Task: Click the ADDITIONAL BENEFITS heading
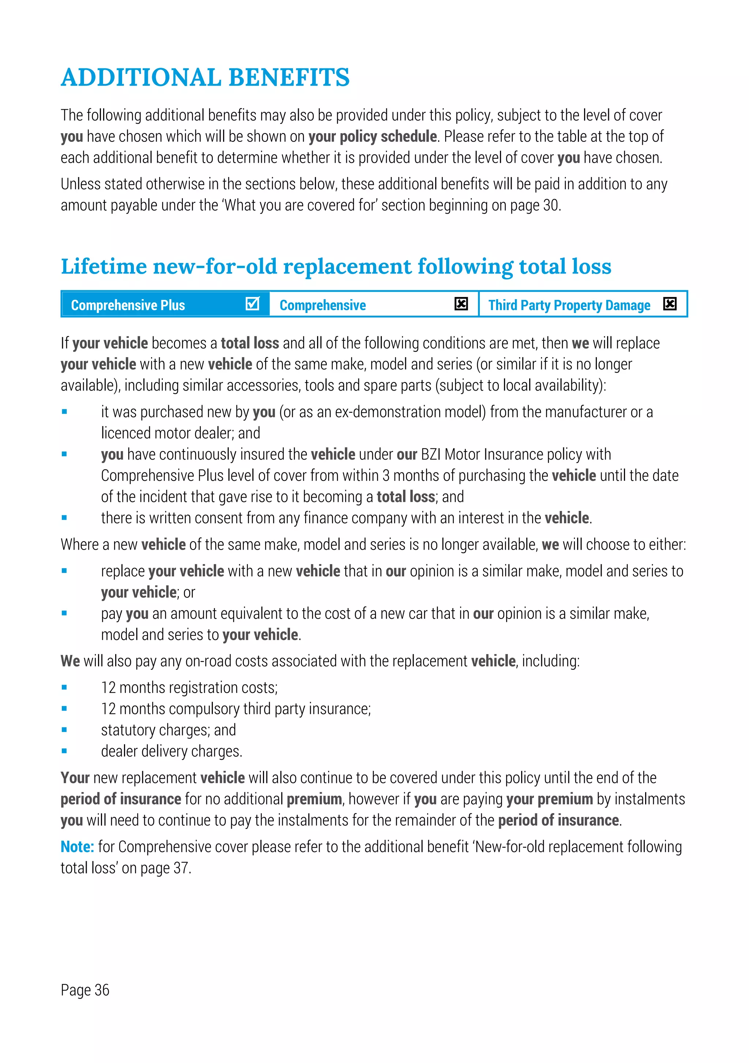pyautogui.click(x=205, y=77)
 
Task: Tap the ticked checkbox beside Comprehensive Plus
pyautogui.click(x=252, y=304)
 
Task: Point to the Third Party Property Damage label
pyautogui.click(x=569, y=305)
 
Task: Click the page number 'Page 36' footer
pyautogui.click(x=85, y=990)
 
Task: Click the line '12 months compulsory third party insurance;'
pyautogui.click(x=236, y=709)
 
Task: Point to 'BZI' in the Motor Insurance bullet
pyautogui.click(x=430, y=454)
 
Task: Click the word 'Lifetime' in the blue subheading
pyautogui.click(x=104, y=266)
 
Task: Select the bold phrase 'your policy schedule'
pyautogui.click(x=373, y=137)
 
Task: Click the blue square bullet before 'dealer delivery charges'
pyautogui.click(x=64, y=751)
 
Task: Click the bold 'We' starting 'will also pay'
pyautogui.click(x=70, y=661)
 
